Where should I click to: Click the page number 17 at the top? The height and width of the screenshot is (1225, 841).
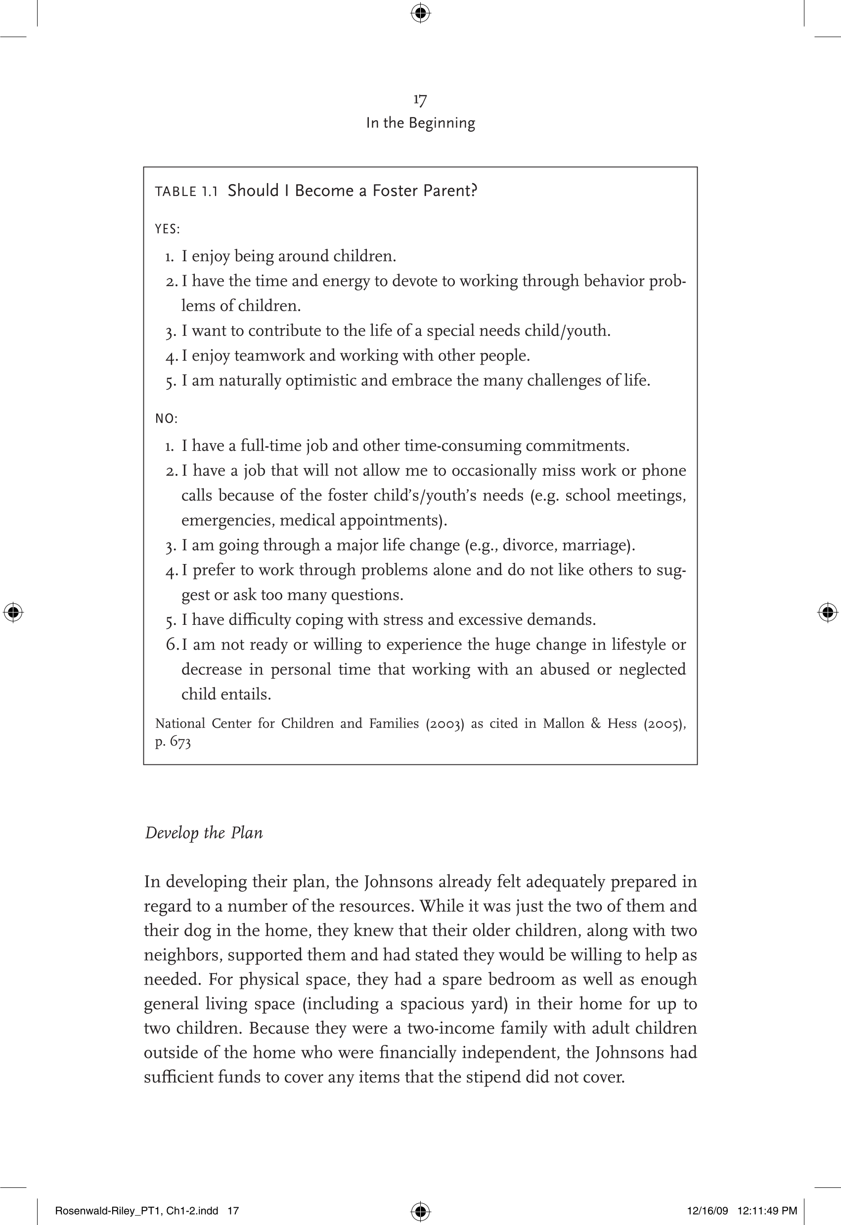420,99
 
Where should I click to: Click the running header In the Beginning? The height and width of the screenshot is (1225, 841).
420,123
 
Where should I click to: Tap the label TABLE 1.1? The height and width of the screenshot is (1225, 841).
186,191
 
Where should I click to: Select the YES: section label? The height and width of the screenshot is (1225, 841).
167,230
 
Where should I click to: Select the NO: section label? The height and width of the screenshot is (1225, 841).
166,419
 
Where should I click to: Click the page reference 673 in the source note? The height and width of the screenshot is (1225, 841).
179,742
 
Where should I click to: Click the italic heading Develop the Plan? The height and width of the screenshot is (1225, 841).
203,833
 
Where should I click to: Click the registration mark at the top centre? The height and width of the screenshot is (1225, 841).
420,13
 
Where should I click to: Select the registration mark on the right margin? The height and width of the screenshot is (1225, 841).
827,612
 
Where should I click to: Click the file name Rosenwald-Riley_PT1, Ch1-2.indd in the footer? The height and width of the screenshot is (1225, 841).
136,1211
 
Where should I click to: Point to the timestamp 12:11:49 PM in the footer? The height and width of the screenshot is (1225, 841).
767,1211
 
